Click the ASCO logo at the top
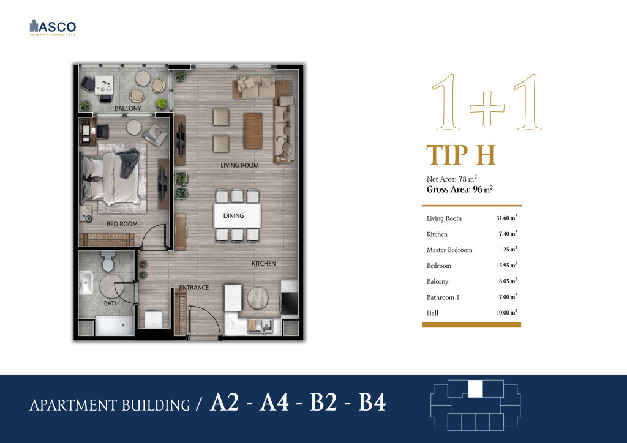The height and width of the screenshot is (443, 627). (x=53, y=28)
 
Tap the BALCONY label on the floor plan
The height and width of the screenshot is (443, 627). (x=127, y=108)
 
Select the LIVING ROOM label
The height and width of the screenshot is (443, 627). (x=239, y=165)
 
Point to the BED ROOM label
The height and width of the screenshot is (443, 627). (x=122, y=224)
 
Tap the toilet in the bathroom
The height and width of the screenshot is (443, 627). (x=109, y=262)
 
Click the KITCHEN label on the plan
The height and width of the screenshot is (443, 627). (x=263, y=263)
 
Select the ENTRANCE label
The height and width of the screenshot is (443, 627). (x=193, y=287)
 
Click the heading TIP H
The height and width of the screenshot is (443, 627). (x=460, y=155)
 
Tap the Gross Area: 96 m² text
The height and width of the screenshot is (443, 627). (x=460, y=190)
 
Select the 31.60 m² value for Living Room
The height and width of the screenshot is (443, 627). (x=506, y=218)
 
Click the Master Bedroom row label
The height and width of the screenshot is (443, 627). (x=449, y=250)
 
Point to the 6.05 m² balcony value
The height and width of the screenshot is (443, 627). (x=506, y=281)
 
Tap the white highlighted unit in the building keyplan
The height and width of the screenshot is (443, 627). (x=475, y=389)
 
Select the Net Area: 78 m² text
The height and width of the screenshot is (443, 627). (x=452, y=179)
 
